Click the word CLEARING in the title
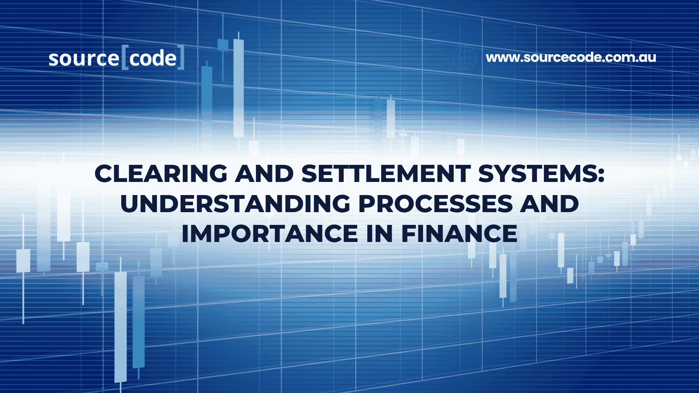pyautogui.click(x=161, y=174)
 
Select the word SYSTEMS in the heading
pyautogui.click(x=537, y=174)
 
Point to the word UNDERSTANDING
pyautogui.click(x=235, y=204)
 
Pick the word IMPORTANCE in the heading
pyautogui.click(x=270, y=234)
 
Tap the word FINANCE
pyautogui.click(x=459, y=234)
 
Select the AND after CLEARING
pyautogui.click(x=264, y=174)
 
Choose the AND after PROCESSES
pyautogui.click(x=549, y=204)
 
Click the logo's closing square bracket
pyautogui.click(x=181, y=57)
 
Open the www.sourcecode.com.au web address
pyautogui.click(x=571, y=57)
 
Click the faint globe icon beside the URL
pyautogui.click(x=465, y=57)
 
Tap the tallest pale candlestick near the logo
pyautogui.click(x=238, y=87)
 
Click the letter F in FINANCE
pyautogui.click(x=408, y=234)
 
